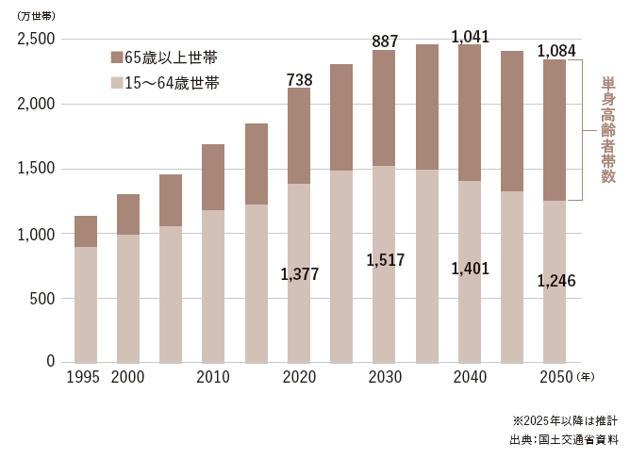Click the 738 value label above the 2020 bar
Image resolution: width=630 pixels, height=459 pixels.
pos(299,81)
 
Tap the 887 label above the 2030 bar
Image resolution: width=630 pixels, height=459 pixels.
pos(385,41)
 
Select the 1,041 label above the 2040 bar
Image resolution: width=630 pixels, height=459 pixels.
pos(470,37)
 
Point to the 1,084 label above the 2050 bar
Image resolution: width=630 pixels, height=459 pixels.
pos(555,51)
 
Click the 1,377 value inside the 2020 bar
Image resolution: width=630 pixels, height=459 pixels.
pos(299,274)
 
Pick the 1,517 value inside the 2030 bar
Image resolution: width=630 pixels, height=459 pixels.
pos(385,259)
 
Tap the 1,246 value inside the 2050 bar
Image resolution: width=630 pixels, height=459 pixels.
pos(555,281)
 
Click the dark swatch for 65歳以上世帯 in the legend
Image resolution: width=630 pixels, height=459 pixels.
pos(116,58)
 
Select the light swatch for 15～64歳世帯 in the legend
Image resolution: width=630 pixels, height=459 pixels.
pos(116,83)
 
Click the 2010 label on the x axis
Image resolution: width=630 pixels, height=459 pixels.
pos(213,377)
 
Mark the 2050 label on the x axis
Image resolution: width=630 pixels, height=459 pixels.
pos(555,377)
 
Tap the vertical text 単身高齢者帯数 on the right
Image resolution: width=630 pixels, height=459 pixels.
pos(608,130)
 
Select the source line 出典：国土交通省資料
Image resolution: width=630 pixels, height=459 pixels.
pos(564,439)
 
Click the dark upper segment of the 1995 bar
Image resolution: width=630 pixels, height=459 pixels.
pos(86,231)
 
